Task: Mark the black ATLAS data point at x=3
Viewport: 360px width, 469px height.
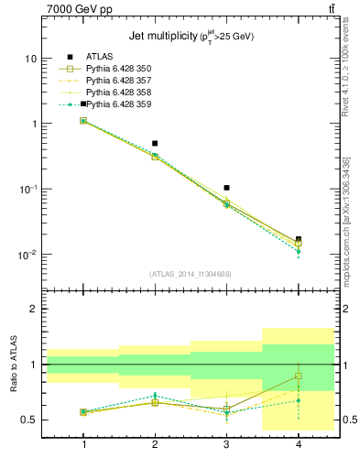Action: click(x=226, y=188)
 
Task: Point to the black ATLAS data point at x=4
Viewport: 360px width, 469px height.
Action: click(x=298, y=239)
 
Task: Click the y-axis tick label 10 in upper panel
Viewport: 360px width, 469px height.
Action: click(x=29, y=59)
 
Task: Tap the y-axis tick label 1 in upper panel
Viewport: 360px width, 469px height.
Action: click(x=33, y=124)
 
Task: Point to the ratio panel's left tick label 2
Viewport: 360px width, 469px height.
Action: click(x=34, y=310)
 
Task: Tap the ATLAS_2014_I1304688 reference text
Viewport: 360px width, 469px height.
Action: click(x=191, y=274)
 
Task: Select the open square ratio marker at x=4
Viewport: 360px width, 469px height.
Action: click(x=298, y=376)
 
